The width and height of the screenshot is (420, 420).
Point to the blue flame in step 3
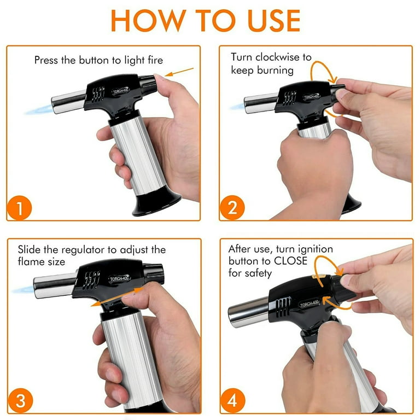coord(24,289)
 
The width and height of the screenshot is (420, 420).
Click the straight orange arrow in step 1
coord(179,72)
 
